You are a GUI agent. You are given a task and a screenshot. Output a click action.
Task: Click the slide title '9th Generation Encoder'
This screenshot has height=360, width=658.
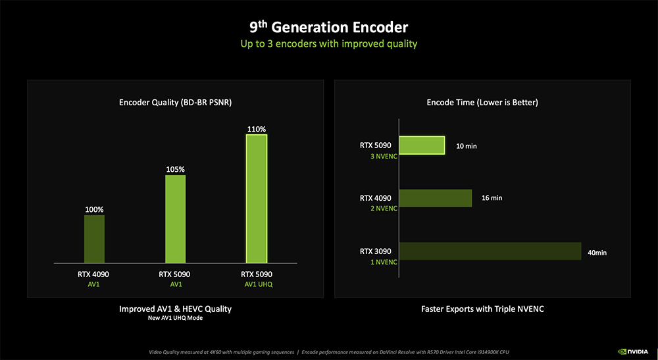tap(328, 27)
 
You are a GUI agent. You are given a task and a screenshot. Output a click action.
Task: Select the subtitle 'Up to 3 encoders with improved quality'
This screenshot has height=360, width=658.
tap(328, 44)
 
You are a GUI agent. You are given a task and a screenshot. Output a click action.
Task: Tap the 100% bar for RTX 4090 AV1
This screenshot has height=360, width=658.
tap(94, 239)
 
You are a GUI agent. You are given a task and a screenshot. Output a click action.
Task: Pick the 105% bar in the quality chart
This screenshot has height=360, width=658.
tap(175, 219)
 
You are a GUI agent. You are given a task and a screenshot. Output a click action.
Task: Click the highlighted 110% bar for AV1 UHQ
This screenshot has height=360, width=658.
tap(257, 199)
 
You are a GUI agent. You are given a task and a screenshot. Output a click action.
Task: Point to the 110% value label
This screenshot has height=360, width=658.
tap(257, 129)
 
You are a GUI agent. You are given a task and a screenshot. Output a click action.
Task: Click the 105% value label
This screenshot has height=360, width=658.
tap(175, 169)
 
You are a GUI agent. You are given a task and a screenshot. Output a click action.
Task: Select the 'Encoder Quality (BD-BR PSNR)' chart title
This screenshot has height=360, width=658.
tap(175, 102)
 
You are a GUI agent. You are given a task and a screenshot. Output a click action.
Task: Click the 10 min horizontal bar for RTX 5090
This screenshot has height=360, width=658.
tap(422, 145)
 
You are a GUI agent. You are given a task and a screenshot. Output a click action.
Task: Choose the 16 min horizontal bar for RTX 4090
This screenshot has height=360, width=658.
tap(436, 198)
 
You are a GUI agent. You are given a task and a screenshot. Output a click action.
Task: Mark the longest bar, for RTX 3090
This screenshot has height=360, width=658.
tap(490, 251)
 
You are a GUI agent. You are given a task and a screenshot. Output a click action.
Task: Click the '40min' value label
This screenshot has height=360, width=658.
tap(597, 252)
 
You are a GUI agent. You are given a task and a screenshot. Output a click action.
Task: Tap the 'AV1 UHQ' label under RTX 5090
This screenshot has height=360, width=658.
tap(257, 285)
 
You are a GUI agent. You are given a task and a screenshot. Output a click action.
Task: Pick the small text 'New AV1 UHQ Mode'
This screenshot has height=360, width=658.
tap(175, 319)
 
